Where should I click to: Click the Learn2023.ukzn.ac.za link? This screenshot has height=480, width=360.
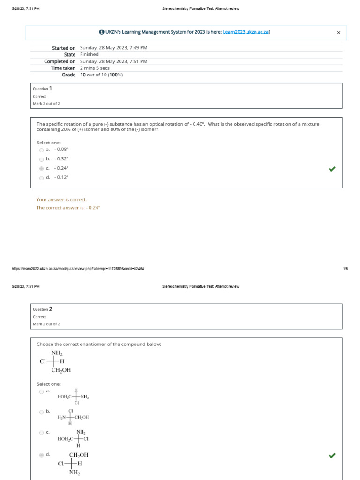(x=246, y=32)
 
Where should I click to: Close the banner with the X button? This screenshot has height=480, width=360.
(x=339, y=32)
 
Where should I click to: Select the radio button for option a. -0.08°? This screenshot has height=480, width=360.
(x=41, y=150)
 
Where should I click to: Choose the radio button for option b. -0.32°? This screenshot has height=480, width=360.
(x=41, y=159)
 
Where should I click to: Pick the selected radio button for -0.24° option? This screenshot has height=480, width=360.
(x=41, y=168)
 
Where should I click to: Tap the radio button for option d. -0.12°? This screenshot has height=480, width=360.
(x=41, y=178)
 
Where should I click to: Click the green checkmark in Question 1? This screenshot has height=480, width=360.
(x=332, y=169)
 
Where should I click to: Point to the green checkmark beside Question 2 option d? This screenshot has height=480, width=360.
(x=332, y=455)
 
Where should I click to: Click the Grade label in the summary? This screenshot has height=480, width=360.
(x=68, y=75)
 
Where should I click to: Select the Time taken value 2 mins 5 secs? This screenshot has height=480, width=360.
(x=95, y=68)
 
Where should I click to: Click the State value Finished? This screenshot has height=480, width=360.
(x=89, y=54)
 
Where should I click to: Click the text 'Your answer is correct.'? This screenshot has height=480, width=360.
(x=61, y=199)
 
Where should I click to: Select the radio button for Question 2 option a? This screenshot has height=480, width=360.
(x=41, y=391)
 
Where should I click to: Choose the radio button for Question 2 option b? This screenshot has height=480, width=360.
(x=41, y=412)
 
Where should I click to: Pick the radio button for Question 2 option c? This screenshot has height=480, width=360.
(x=41, y=433)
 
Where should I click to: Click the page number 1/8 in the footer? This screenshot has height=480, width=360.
(x=345, y=269)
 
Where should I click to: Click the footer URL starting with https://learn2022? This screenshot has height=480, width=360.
(x=78, y=269)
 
